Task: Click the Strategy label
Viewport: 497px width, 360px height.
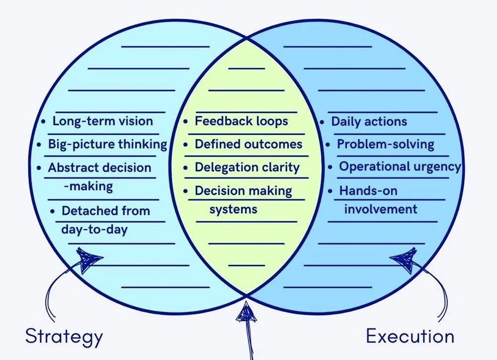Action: [x=64, y=336]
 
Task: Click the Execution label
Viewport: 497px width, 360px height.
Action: [x=410, y=336]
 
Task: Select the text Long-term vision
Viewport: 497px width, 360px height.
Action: [x=102, y=121]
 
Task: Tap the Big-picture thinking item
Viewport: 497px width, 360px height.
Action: [x=107, y=144]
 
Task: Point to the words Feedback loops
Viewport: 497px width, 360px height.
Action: [x=241, y=121]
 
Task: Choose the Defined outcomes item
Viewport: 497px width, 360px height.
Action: [x=248, y=144]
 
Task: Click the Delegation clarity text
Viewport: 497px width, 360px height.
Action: [x=247, y=167]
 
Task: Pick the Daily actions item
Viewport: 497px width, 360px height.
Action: [x=369, y=122]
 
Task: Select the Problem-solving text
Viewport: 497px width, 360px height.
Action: [x=386, y=144]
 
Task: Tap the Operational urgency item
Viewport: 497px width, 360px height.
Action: [x=400, y=167]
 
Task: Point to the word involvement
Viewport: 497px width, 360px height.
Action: [x=381, y=209]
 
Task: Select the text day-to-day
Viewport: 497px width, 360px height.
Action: [x=94, y=229]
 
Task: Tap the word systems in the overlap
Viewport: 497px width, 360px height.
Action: [x=233, y=209]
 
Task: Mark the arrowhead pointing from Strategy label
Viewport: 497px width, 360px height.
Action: [x=89, y=260]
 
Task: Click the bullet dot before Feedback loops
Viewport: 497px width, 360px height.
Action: [x=186, y=122]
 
